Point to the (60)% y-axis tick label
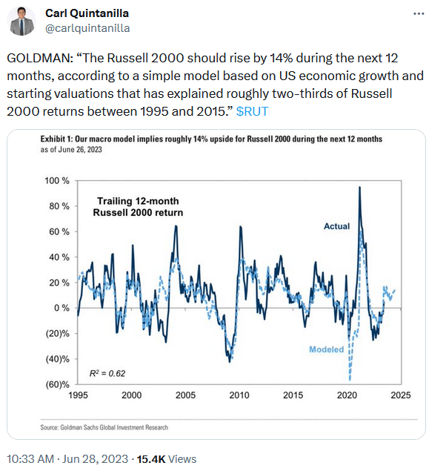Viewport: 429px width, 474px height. pos(56,384)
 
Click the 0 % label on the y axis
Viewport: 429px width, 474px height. pos(61,308)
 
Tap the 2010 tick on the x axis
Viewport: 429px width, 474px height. pos(239,396)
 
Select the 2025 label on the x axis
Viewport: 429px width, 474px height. pos(400,396)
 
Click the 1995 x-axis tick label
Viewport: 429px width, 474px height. pos(78,396)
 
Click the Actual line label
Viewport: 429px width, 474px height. pos(336,226)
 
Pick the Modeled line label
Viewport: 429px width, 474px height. pos(325,349)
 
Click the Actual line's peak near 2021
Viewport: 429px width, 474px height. pos(359,187)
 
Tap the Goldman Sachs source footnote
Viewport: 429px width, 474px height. pos(104,427)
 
